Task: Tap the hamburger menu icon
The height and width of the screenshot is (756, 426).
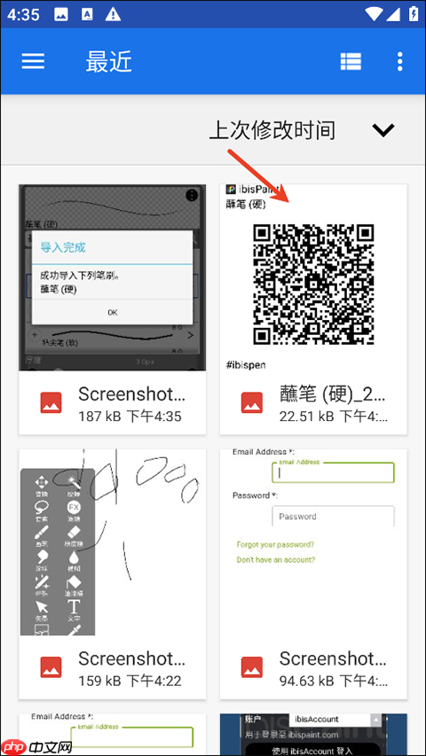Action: click(33, 60)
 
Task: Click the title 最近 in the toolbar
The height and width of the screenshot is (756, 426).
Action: click(108, 60)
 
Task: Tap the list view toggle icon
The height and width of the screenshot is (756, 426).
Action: click(351, 60)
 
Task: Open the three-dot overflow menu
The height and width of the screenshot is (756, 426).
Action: click(400, 60)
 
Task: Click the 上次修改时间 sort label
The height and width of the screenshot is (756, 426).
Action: click(272, 130)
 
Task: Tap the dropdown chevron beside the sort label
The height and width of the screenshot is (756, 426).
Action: click(383, 130)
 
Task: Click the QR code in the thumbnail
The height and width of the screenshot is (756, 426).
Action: click(313, 284)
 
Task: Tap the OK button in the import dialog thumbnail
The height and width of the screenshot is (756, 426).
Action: click(113, 312)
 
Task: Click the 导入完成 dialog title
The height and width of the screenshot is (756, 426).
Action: click(64, 246)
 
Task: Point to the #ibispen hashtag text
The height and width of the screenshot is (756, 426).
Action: click(247, 364)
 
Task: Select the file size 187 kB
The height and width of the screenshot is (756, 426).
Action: click(103, 416)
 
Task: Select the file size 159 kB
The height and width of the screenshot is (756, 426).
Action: click(103, 681)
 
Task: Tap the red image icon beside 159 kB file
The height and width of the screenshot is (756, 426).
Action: click(51, 668)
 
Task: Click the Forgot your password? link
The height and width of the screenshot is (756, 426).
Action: click(275, 544)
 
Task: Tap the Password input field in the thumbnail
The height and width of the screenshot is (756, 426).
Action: click(333, 516)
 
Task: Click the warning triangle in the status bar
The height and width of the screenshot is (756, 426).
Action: click(113, 15)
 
